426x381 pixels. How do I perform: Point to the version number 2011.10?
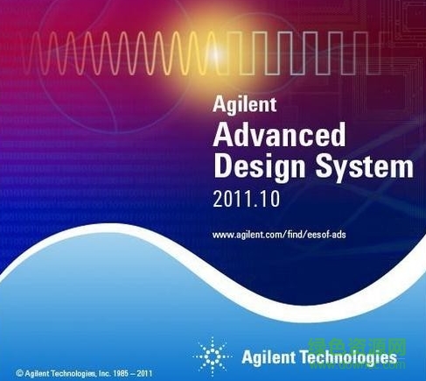(244, 199)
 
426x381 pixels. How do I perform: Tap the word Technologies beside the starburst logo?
(350, 356)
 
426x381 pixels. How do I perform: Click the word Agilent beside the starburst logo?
(268, 356)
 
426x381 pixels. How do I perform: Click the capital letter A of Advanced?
(222, 136)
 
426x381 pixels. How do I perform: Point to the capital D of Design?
(222, 166)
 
